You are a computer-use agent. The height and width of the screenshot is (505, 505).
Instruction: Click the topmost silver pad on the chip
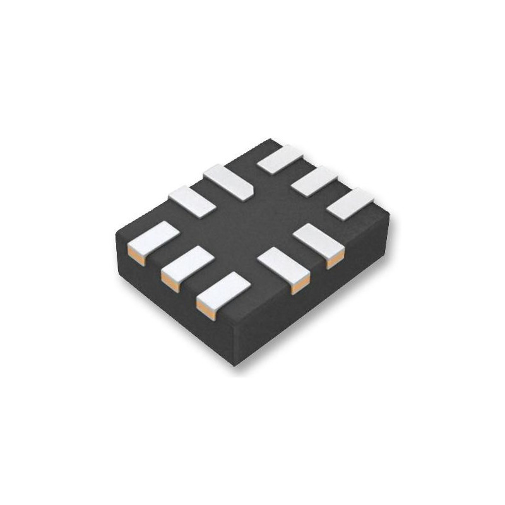[282, 158]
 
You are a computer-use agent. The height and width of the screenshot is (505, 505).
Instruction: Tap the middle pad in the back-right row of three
[315, 181]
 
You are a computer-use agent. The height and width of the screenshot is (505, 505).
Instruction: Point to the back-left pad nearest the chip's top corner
[228, 181]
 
